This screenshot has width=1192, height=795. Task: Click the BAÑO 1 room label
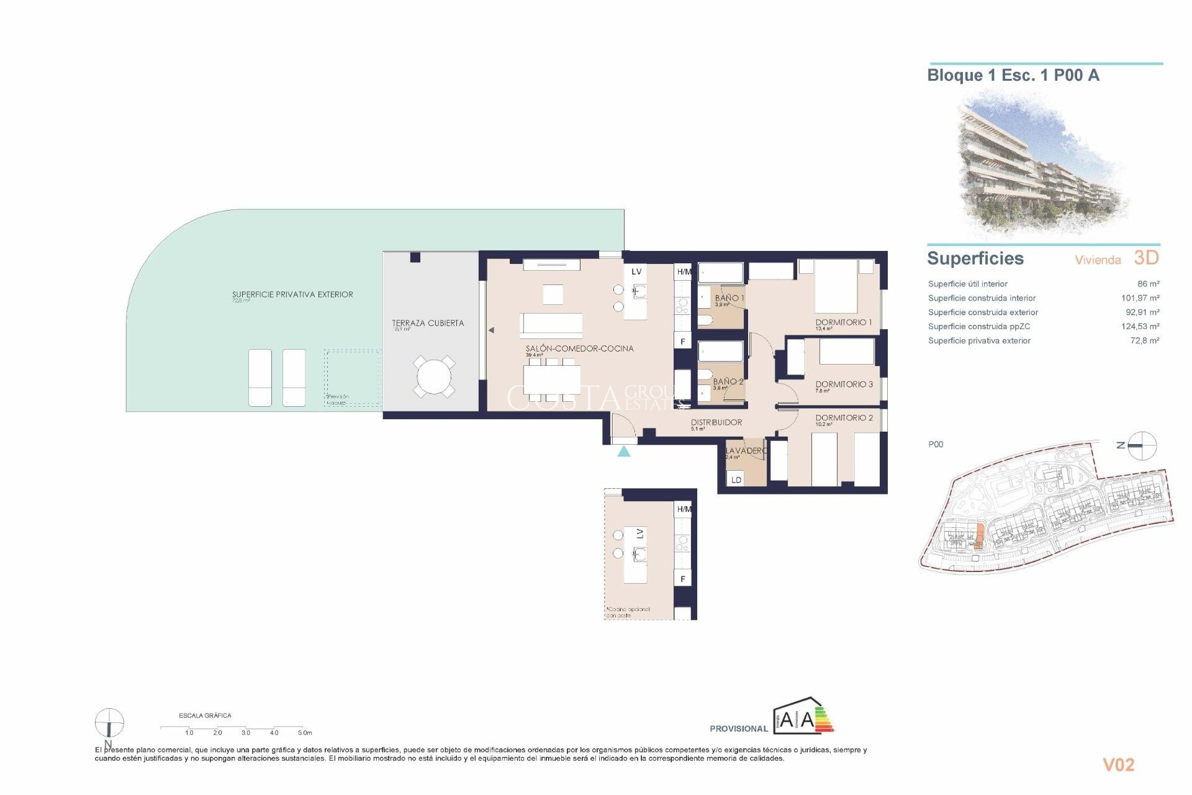point(729,298)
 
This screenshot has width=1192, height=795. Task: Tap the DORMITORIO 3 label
point(844,384)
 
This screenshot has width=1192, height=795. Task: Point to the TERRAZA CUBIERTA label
point(428,323)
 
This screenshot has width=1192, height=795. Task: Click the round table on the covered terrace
point(434,376)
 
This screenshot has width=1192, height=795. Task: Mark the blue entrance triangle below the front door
point(624,452)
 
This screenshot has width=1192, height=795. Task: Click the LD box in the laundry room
point(736,479)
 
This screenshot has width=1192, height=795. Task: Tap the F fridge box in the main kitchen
point(683,341)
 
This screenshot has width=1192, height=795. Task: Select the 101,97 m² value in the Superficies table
point(1140,298)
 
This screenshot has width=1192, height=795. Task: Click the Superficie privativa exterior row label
point(979,340)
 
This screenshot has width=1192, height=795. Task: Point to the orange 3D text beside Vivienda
point(1146,258)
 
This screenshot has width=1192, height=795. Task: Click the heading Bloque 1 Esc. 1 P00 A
point(1013,76)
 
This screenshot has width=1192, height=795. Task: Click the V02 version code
point(1118,765)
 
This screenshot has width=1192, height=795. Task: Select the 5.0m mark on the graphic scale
point(304,733)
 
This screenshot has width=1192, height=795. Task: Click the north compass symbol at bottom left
point(109,723)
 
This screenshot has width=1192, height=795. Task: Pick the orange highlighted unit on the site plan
point(980,535)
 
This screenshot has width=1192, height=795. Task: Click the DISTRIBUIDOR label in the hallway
point(716,422)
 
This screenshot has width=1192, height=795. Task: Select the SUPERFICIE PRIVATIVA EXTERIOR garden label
point(292,294)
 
